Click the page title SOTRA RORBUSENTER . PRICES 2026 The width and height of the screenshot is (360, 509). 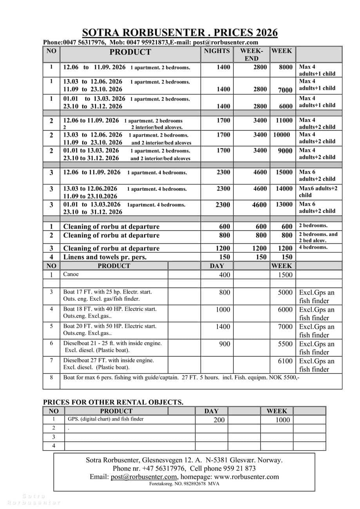[180, 32]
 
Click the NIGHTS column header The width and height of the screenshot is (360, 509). [217, 51]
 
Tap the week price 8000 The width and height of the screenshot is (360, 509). [286, 67]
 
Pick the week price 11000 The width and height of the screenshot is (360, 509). [284, 121]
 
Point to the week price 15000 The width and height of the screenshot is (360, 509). [284, 172]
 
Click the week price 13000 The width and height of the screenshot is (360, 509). [284, 204]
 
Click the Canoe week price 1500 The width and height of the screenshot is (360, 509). [285, 275]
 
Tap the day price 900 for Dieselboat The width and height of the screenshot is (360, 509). [225, 344]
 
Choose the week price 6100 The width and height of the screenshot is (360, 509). [285, 361]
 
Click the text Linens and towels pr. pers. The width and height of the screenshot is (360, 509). [108, 257]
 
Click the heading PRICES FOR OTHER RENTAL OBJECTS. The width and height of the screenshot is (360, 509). [113, 402]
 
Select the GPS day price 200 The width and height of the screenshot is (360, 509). [219, 420]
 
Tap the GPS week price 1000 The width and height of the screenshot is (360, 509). [282, 420]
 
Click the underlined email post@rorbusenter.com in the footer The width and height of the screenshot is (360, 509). [144, 477]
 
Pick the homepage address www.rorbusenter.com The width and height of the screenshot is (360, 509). [247, 477]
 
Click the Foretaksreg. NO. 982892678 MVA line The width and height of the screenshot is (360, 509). [184, 484]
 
